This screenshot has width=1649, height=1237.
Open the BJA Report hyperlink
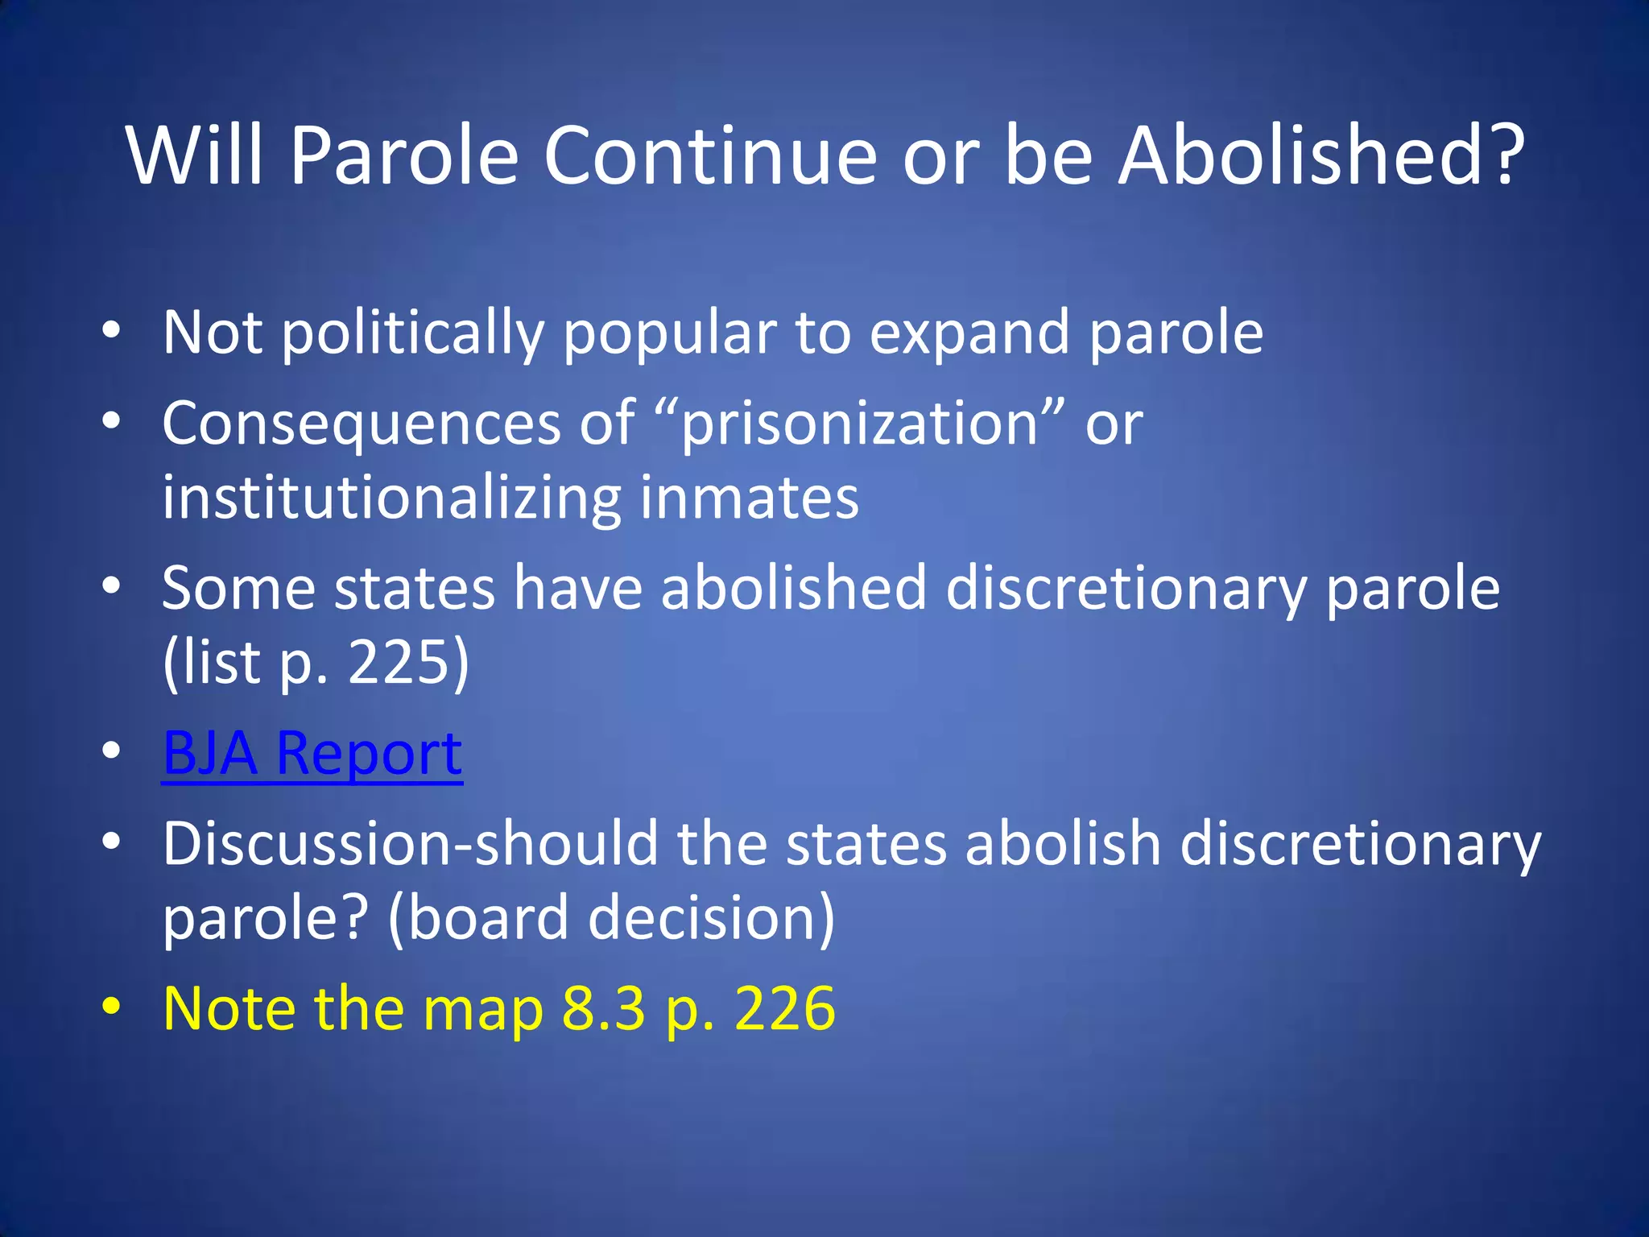tap(312, 753)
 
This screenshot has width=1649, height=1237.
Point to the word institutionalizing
tap(391, 498)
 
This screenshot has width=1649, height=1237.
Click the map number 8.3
tap(603, 1008)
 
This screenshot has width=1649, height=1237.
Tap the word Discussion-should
tap(410, 843)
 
